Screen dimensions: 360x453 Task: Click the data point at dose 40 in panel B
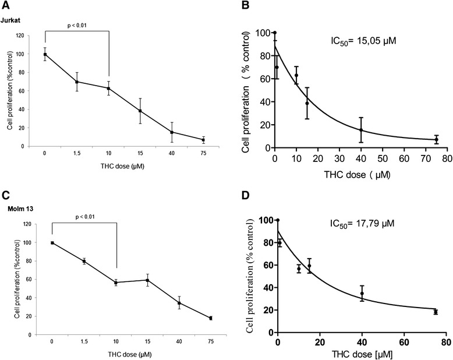[360, 130]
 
